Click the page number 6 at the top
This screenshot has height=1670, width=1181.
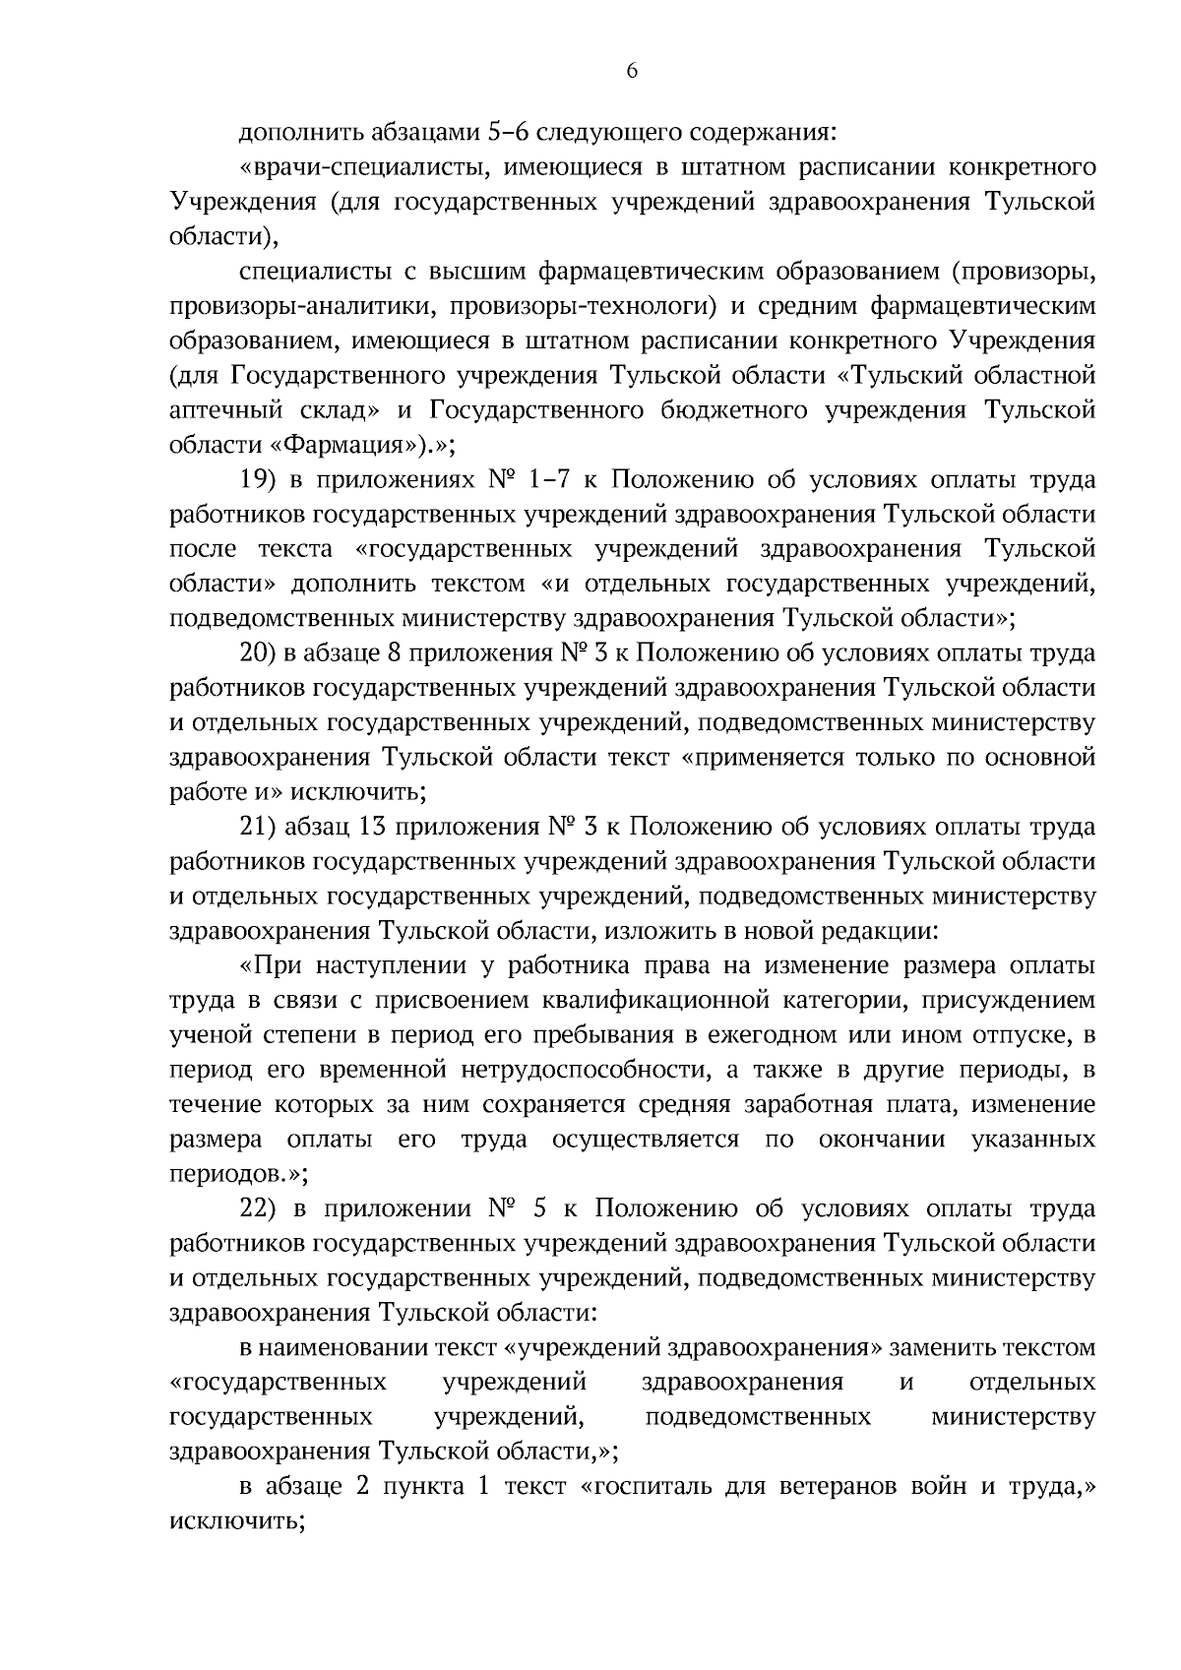pyautogui.click(x=632, y=70)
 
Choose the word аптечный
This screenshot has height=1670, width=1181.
pyautogui.click(x=220, y=409)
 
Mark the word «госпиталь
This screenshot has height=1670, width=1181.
pyautogui.click(x=649, y=1487)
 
